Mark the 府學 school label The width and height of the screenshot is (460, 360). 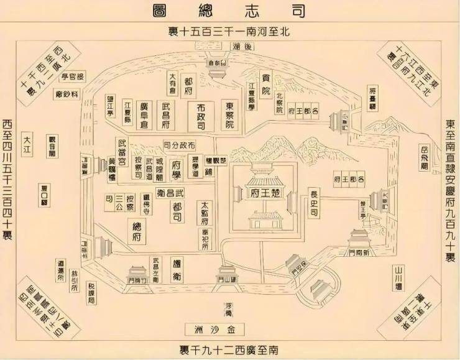coord(176,169)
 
